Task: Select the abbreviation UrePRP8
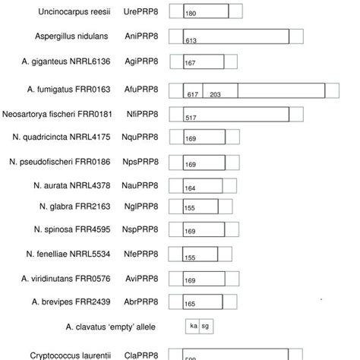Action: pos(142,13)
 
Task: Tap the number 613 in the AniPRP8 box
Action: pos(191,41)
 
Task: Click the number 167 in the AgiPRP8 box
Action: pos(191,65)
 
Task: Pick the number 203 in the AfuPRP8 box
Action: pos(215,94)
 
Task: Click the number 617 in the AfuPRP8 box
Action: pos(193,94)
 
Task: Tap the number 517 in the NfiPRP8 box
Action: pos(191,118)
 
